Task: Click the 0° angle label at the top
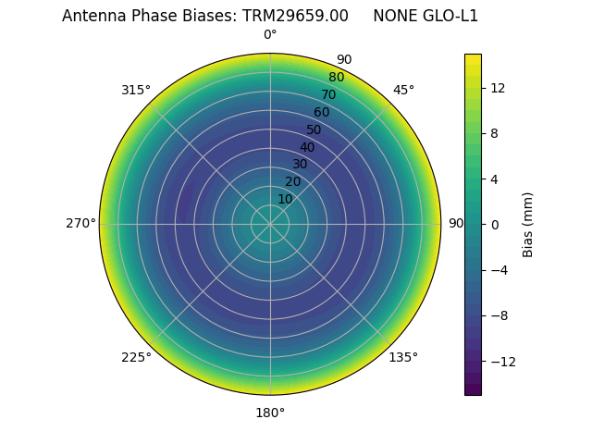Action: pyautogui.click(x=270, y=35)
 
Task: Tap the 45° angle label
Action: pyautogui.click(x=403, y=90)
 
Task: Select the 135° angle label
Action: pyautogui.click(x=403, y=357)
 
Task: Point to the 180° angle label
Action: pyautogui.click(x=270, y=413)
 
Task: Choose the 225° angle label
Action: pyautogui.click(x=136, y=357)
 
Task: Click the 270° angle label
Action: pyautogui.click(x=80, y=223)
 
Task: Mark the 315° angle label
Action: pyautogui.click(x=136, y=90)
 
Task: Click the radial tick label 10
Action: pyautogui.click(x=285, y=199)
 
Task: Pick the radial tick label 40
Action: pyautogui.click(x=307, y=147)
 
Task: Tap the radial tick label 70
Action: pyautogui.click(x=328, y=94)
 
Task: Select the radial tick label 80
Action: pyautogui.click(x=336, y=77)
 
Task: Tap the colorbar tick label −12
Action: pyautogui.click(x=502, y=361)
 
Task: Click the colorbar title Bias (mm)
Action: pyautogui.click(x=528, y=224)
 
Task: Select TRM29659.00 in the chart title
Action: pyautogui.click(x=295, y=16)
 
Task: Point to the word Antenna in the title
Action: pyautogui.click(x=92, y=16)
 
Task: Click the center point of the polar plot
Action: pyautogui.click(x=270, y=224)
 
